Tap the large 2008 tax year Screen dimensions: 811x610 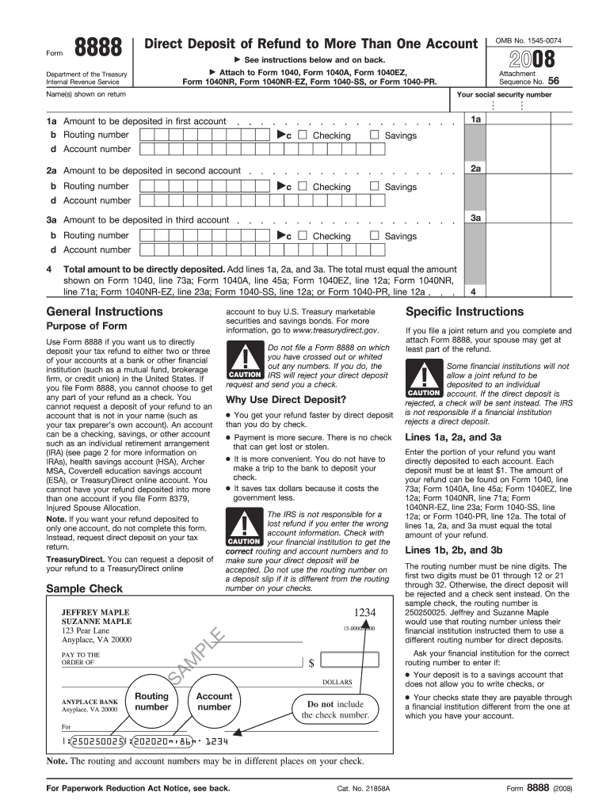click(532, 59)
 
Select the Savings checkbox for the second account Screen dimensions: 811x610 click(374, 186)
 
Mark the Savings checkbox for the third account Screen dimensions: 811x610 click(374, 235)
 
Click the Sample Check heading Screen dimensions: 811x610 click(85, 588)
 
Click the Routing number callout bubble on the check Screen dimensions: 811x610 click(152, 701)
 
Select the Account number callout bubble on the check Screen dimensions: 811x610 click(214, 701)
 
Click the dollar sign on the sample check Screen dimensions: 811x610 click(312, 662)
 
